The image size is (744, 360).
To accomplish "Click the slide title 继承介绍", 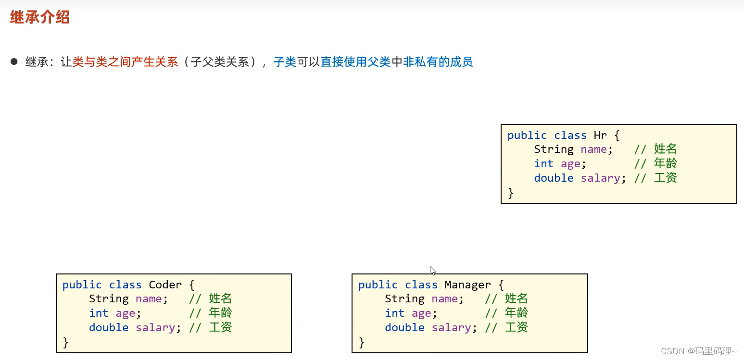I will pos(40,18).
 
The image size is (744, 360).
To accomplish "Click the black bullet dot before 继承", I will pos(14,62).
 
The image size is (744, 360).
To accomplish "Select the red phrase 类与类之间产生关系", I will pos(125,62).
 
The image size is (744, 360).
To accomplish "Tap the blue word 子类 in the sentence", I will pos(285,62).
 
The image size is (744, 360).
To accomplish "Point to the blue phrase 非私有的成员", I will pos(438,62).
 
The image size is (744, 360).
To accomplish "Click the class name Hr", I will pos(601,136).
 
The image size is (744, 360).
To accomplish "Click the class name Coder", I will pos(165,285).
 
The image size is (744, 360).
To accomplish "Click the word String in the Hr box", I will pos(554,149).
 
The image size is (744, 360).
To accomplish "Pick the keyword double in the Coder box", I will pos(109,328).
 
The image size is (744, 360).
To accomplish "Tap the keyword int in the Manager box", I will pos(394,313).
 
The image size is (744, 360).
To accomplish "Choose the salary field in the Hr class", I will pos(600,178).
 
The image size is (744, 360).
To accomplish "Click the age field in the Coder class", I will pos(126,313).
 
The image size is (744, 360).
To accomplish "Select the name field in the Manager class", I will pos(444,299).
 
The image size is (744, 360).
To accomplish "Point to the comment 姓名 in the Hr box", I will pos(666,149).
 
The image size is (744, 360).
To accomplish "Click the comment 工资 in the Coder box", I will pos(221,328).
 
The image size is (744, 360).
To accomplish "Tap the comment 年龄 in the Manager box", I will pos(517,313).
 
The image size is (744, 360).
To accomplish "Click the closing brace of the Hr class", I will pos(511,193).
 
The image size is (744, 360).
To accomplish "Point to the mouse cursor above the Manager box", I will pos(432,271).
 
